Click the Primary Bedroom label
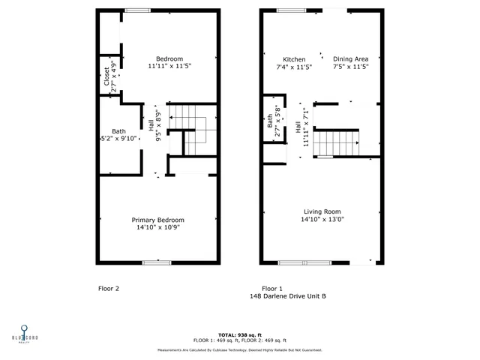point(157,220)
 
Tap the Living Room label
point(322,211)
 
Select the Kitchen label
point(294,59)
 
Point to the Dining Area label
point(351,59)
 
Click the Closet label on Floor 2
point(106,76)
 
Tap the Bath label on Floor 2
point(118,130)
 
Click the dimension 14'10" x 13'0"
point(322,220)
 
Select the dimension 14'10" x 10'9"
point(157,227)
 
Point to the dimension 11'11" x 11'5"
point(169,67)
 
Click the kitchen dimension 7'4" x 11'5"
point(294,67)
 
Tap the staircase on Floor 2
point(191,129)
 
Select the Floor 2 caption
point(109,288)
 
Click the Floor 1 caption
point(272,288)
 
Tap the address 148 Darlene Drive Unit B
point(288,296)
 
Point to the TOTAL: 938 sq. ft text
point(240,334)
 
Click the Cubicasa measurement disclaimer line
point(240,349)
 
